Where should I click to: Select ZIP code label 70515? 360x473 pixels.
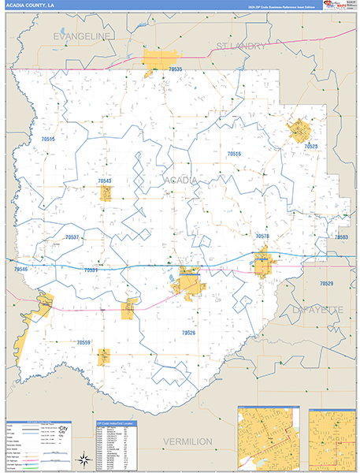pyautogui.click(x=49, y=139)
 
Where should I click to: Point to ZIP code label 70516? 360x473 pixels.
pyautogui.click(x=234, y=154)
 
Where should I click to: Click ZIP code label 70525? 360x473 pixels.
pyautogui.click(x=310, y=147)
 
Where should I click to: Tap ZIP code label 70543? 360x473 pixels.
pyautogui.click(x=105, y=181)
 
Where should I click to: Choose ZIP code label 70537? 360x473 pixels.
pyautogui.click(x=72, y=236)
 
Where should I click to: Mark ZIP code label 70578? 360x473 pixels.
pyautogui.click(x=262, y=236)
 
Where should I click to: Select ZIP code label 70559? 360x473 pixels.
pyautogui.click(x=84, y=342)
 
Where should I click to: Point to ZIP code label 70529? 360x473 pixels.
pyautogui.click(x=326, y=282)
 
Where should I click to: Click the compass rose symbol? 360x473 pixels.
pyautogui.click(x=81, y=459)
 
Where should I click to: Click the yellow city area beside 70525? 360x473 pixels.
pyautogui.click(x=299, y=130)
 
